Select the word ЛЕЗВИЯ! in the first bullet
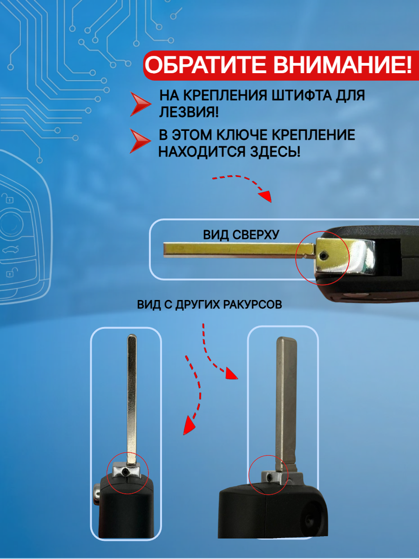(189, 112)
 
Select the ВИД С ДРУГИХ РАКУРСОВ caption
(209, 305)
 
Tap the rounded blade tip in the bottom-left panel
(132, 338)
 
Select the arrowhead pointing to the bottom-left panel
(188, 425)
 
